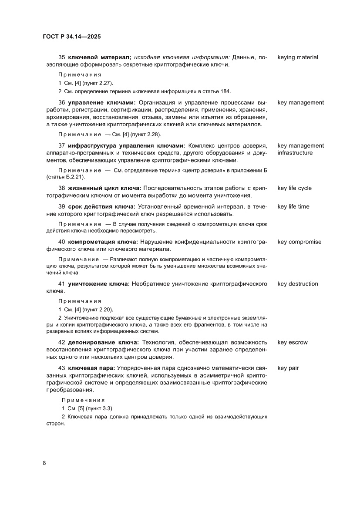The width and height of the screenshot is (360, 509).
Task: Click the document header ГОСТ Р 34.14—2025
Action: click(72, 37)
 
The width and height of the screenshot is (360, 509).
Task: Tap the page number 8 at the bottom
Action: click(44, 463)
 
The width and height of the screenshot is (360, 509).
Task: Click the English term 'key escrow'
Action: click(292, 342)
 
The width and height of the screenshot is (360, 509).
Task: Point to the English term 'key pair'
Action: click(288, 368)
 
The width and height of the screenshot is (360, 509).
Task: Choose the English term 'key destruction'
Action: click(297, 284)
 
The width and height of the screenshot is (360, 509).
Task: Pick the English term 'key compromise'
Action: click(299, 242)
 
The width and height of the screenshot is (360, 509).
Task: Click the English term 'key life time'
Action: click(293, 206)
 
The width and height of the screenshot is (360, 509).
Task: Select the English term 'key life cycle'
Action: click(294, 188)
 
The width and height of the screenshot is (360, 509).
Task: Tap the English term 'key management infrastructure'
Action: click(300, 149)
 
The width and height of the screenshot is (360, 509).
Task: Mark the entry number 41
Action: click(61, 284)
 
